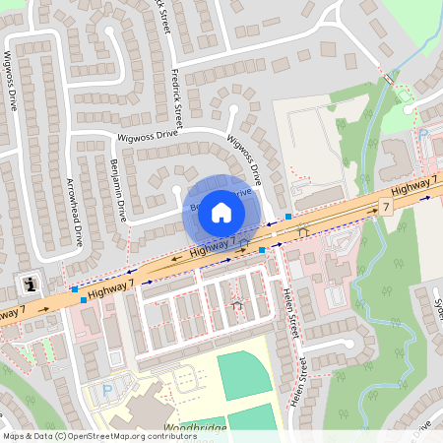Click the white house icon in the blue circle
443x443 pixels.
pyautogui.click(x=221, y=212)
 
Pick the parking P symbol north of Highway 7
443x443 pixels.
pyautogui.click(x=423, y=133)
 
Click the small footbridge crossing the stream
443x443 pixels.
pyautogui.click(x=390, y=79)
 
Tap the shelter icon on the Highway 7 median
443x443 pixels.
pyautogui.click(x=302, y=231)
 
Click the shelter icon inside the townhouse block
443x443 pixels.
pyautogui.click(x=236, y=306)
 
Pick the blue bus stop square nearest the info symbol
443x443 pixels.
pyautogui.click(x=75, y=289)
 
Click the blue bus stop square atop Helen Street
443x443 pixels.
pyautogui.click(x=263, y=250)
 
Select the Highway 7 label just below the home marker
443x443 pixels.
pyautogui.click(x=213, y=245)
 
